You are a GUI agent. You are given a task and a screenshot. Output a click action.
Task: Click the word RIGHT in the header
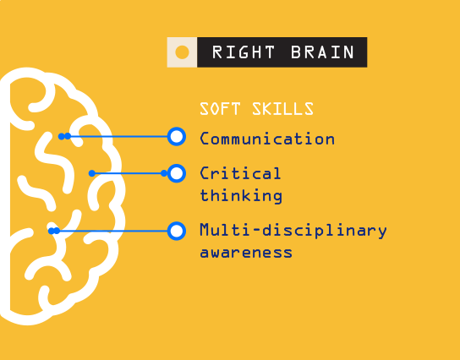pyautogui.click(x=244, y=52)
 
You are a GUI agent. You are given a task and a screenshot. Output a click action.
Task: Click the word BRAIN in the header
pyautogui.click(x=322, y=52)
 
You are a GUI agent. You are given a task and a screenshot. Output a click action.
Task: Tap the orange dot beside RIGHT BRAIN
pyautogui.click(x=182, y=52)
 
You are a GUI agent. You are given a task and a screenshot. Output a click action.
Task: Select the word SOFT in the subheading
pyautogui.click(x=220, y=109)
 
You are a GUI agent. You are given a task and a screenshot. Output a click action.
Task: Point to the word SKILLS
pyautogui.click(x=282, y=109)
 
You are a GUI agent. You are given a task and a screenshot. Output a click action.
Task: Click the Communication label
pyautogui.click(x=267, y=139)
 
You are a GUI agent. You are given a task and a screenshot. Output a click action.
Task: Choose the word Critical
pyautogui.click(x=240, y=173)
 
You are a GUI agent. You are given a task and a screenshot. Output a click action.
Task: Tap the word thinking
pyautogui.click(x=241, y=195)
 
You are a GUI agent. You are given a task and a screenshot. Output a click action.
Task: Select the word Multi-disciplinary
pyautogui.click(x=293, y=230)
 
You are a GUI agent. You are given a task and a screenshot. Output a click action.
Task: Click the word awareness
pyautogui.click(x=246, y=253)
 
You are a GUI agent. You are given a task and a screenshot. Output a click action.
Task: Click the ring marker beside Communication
pyautogui.click(x=177, y=137)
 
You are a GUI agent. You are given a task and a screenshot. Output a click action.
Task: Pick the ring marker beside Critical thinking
pyautogui.click(x=177, y=173)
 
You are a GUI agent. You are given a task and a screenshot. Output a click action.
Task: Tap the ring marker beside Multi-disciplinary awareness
pyautogui.click(x=177, y=231)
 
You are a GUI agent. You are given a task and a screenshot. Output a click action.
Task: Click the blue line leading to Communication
pyautogui.click(x=118, y=137)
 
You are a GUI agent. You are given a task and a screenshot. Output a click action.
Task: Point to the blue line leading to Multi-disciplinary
pyautogui.click(x=112, y=231)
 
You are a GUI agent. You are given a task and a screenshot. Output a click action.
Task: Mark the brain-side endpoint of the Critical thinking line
pyautogui.click(x=92, y=173)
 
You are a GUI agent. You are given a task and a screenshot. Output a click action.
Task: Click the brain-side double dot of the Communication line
pyautogui.click(x=64, y=136)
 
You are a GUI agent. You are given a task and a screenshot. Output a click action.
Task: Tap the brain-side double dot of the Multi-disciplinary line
pyautogui.click(x=54, y=231)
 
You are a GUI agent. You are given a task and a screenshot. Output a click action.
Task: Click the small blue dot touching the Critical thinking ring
pyautogui.click(x=164, y=173)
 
